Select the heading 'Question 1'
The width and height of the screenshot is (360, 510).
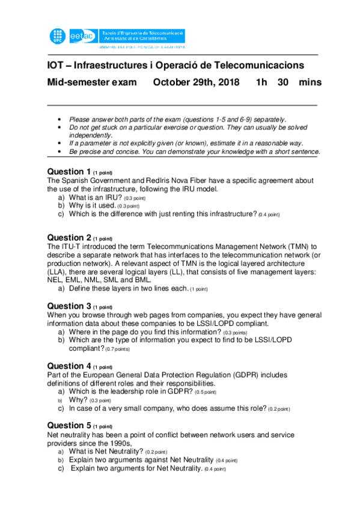[x=69, y=171]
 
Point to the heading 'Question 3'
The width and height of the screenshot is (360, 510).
[x=69, y=306]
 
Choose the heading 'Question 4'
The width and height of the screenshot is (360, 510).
[x=69, y=366]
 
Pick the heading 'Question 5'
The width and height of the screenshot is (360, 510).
[x=69, y=425]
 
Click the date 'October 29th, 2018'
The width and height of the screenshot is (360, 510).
[x=196, y=82]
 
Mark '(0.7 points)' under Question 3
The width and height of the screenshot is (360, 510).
[x=117, y=349]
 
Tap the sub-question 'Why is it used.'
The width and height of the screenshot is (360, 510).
[x=93, y=206]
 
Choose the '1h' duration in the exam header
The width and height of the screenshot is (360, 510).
[x=261, y=82]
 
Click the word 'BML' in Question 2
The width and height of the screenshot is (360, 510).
[x=158, y=280]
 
